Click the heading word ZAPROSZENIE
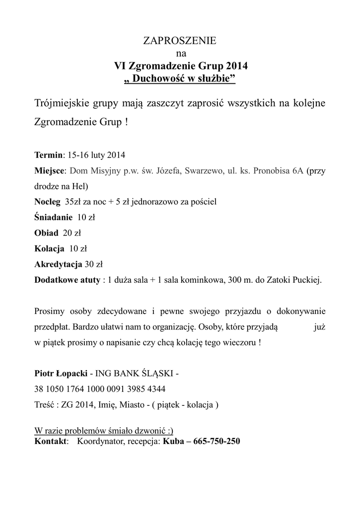[180, 41]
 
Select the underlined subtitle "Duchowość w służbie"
[180, 78]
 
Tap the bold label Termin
[49, 154]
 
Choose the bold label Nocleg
[47, 202]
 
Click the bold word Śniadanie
[53, 217]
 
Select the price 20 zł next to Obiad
[71, 233]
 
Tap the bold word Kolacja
[50, 249]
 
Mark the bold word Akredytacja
[58, 264]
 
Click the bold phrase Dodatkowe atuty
[67, 280]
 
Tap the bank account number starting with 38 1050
[100, 388]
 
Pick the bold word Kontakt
[51, 441]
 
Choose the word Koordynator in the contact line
[99, 441]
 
